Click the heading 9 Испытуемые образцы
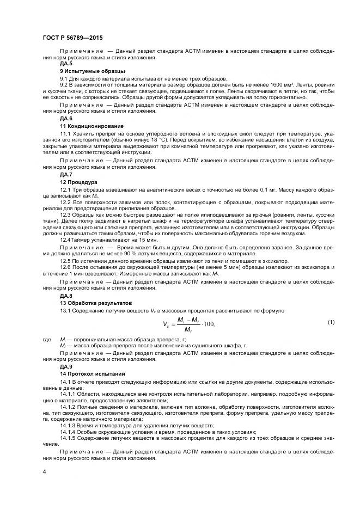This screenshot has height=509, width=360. click(x=92, y=71)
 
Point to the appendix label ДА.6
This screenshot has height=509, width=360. click(x=66, y=118)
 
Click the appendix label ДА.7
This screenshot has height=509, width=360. click(x=66, y=174)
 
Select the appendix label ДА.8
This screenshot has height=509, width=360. click(x=66, y=295)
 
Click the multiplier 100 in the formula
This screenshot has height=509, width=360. click(x=208, y=324)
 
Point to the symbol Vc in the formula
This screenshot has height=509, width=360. click(x=166, y=324)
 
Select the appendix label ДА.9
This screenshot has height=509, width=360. click(x=66, y=366)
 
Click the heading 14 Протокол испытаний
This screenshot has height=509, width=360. click(x=92, y=374)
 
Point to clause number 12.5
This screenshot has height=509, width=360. click(x=66, y=260)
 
